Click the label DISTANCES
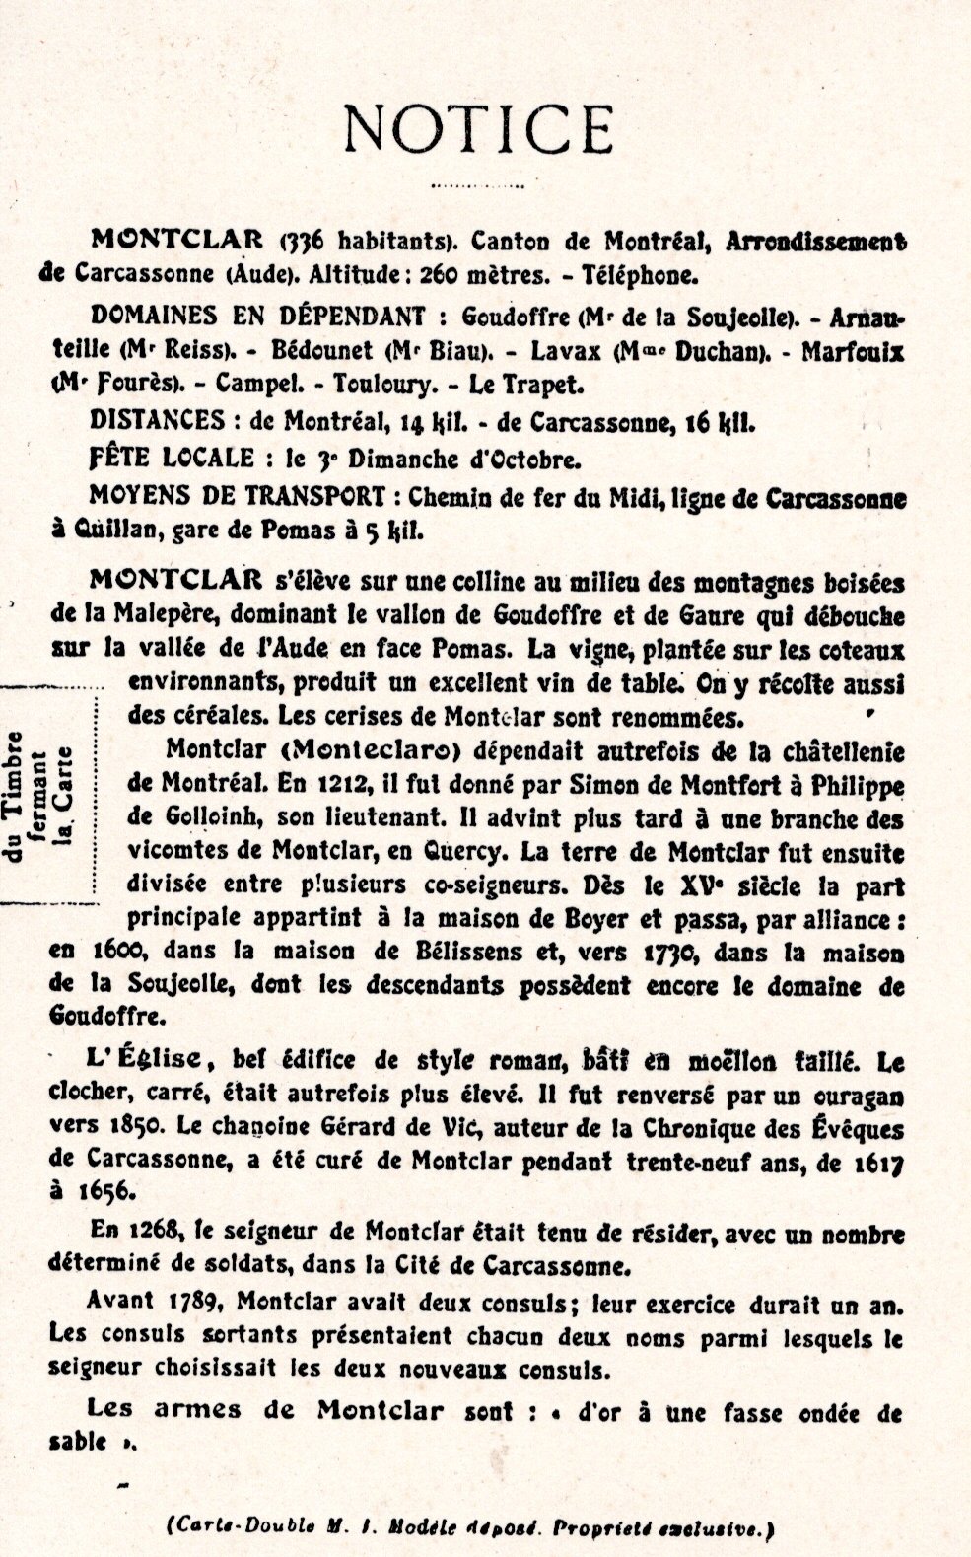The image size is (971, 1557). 157,421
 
